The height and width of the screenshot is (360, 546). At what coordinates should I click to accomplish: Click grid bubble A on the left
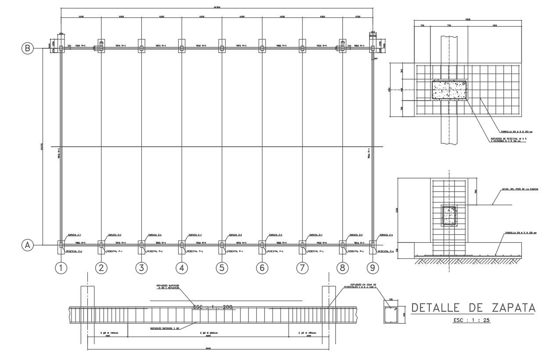click(27, 245)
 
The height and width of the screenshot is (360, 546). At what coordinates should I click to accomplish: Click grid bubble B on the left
click(27, 48)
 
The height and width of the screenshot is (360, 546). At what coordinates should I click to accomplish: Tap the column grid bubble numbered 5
click(222, 267)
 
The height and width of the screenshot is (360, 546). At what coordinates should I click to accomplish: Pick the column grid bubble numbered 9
click(373, 267)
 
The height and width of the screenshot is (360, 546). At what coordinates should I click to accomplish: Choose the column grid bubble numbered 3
click(141, 267)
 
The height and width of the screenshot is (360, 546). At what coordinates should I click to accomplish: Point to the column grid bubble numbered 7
click(302, 267)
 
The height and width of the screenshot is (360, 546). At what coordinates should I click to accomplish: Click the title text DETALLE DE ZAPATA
click(473, 308)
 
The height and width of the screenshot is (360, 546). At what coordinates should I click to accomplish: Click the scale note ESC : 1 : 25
click(471, 320)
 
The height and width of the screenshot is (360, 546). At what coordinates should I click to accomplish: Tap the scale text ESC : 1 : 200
click(212, 307)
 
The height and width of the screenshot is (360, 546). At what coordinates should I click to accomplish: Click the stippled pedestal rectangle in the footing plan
click(449, 90)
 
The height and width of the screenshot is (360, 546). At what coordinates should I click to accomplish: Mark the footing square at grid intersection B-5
click(222, 48)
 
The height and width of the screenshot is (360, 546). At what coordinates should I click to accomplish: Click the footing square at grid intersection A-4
click(181, 245)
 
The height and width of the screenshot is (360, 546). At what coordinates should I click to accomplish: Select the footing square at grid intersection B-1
click(61, 48)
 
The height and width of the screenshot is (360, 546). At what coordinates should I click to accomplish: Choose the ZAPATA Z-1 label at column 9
click(386, 235)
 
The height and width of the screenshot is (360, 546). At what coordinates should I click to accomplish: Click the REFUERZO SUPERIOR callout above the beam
click(168, 287)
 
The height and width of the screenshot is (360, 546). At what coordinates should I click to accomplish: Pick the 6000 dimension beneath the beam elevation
click(208, 349)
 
